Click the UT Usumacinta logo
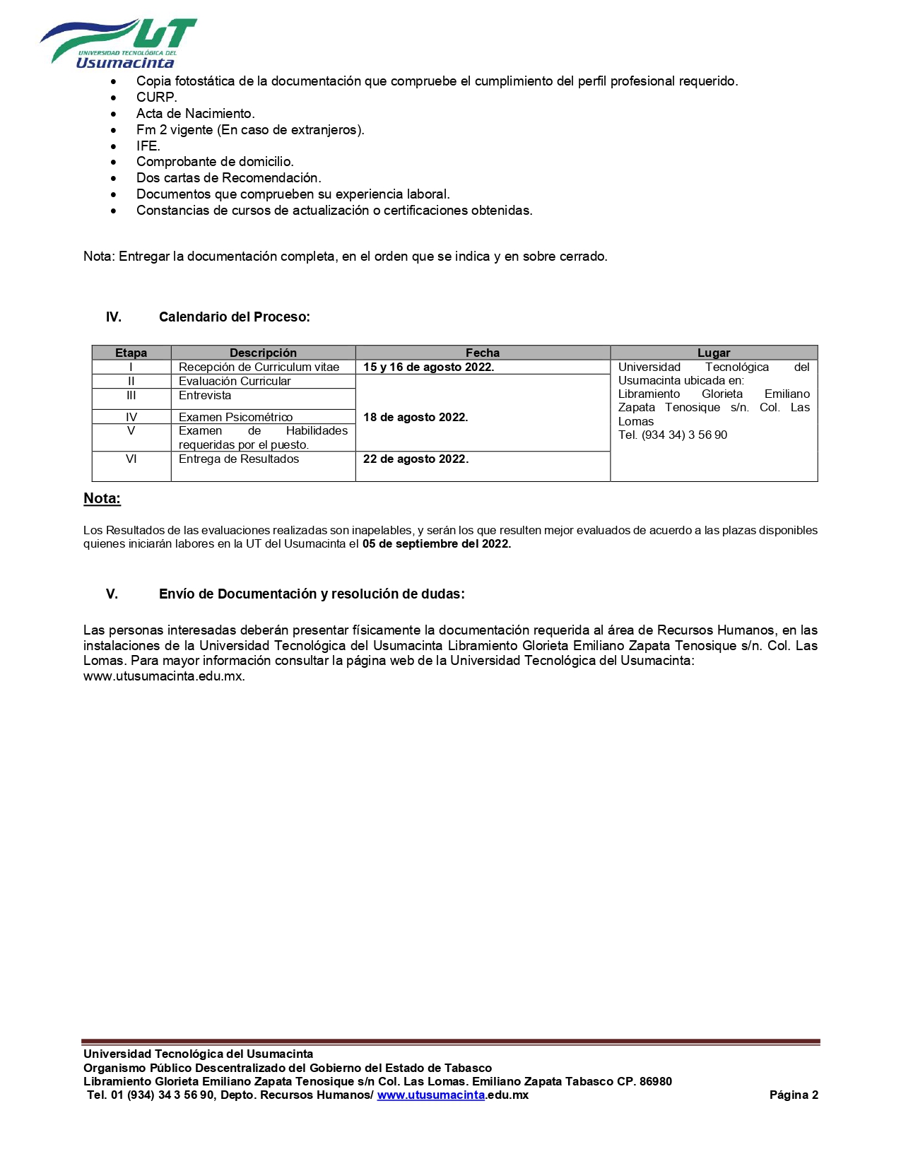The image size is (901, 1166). (118, 43)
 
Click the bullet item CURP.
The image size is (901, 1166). (156, 98)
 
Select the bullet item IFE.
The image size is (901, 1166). (148, 146)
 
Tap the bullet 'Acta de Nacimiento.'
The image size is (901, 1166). (195, 114)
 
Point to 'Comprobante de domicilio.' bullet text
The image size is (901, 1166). (215, 162)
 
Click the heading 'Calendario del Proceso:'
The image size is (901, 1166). (234, 317)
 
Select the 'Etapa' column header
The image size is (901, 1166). (131, 353)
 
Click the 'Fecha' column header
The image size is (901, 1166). (482, 353)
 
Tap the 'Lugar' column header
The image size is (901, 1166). (713, 353)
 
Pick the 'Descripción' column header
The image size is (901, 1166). (263, 353)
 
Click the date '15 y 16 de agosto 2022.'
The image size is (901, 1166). (428, 367)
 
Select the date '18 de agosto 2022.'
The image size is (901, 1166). (416, 418)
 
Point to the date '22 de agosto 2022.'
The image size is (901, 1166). (416, 459)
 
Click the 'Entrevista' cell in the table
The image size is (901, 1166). (205, 396)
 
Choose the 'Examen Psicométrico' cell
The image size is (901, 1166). (235, 418)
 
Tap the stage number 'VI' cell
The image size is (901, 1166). (131, 459)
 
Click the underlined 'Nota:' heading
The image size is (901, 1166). (102, 499)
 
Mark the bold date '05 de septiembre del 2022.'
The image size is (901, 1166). (436, 544)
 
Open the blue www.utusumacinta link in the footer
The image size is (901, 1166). (430, 1095)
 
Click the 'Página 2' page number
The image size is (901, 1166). (793, 1095)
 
